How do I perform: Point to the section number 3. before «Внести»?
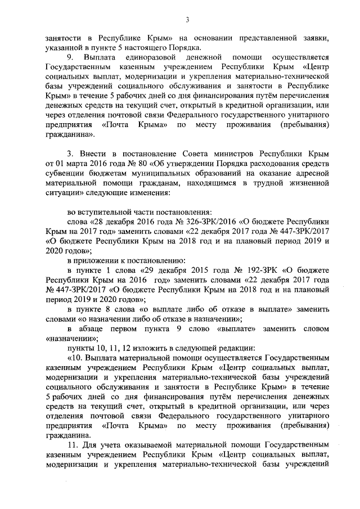[x=70, y=153]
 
